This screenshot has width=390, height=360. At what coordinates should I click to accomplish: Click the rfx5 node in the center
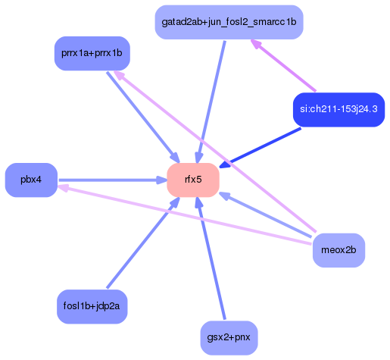coord(193,180)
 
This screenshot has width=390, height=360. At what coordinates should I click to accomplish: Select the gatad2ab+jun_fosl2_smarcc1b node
coord(229,22)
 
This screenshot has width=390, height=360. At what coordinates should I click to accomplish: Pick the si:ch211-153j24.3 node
coord(339,109)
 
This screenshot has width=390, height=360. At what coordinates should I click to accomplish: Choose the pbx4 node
coord(31,180)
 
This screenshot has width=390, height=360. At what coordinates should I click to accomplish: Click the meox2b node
coord(339,250)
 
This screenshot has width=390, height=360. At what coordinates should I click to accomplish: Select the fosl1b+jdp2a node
coord(92,306)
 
